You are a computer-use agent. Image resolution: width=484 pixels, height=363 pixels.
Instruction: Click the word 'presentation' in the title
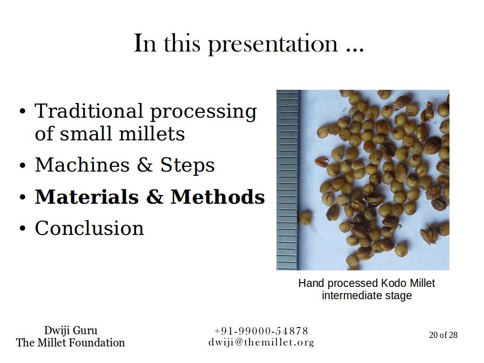[274, 44]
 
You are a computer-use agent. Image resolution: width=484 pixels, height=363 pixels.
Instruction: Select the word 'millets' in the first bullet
[152, 133]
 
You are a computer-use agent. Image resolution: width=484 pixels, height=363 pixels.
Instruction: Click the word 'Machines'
[82, 164]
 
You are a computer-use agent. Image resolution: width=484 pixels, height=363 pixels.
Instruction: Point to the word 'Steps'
[187, 165]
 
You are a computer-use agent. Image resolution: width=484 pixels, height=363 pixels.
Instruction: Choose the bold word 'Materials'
[87, 197]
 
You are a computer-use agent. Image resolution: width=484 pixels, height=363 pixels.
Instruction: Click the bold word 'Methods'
[218, 197]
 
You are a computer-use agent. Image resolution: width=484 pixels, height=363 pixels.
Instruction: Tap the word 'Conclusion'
[89, 228]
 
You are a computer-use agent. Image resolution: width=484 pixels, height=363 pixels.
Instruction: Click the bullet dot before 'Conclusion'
[22, 229]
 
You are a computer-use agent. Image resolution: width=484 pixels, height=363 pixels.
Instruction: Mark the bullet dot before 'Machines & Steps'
[22, 165]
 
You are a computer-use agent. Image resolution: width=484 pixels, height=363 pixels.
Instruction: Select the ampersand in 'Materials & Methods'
[155, 197]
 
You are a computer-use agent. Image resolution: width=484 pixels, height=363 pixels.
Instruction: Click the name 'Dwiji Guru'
[71, 330]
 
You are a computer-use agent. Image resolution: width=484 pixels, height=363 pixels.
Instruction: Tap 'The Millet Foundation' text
[70, 343]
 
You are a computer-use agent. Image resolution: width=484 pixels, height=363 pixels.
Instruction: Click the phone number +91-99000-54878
[261, 331]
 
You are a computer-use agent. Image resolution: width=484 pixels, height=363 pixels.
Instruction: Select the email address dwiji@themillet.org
[261, 342]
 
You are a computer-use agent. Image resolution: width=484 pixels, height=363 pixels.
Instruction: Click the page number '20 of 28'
[443, 335]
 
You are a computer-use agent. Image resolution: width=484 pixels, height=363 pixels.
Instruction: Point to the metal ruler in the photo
[288, 180]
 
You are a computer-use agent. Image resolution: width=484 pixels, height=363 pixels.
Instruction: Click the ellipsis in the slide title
[355, 50]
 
